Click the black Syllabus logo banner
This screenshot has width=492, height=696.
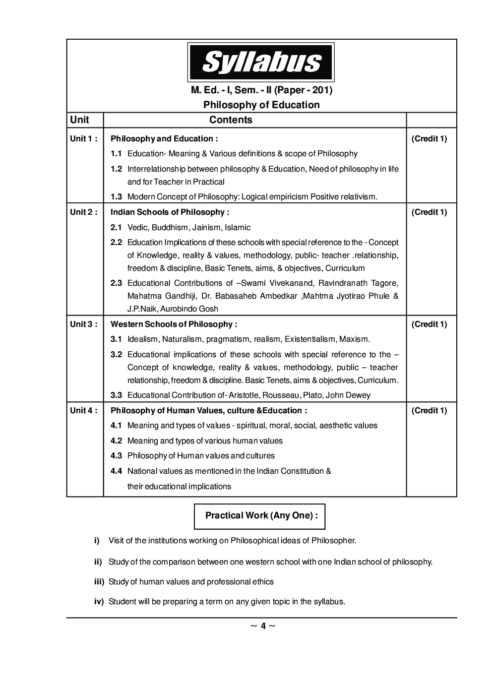click(260, 63)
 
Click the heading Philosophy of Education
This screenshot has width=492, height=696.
click(261, 105)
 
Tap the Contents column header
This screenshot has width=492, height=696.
click(231, 120)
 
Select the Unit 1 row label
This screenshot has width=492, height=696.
click(83, 139)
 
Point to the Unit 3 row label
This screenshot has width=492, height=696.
click(83, 324)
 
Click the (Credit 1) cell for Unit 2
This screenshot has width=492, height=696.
click(429, 212)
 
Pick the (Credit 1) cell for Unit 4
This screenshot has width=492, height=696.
click(429, 411)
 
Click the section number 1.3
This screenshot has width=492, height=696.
click(116, 197)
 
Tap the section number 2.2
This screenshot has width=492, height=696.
click(116, 243)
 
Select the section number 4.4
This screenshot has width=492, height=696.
click(116, 471)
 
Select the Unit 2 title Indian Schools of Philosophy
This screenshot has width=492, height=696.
click(170, 212)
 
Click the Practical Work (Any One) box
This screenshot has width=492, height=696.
click(259, 515)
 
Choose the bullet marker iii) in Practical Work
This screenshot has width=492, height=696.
click(99, 582)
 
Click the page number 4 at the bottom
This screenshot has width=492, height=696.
click(263, 626)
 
